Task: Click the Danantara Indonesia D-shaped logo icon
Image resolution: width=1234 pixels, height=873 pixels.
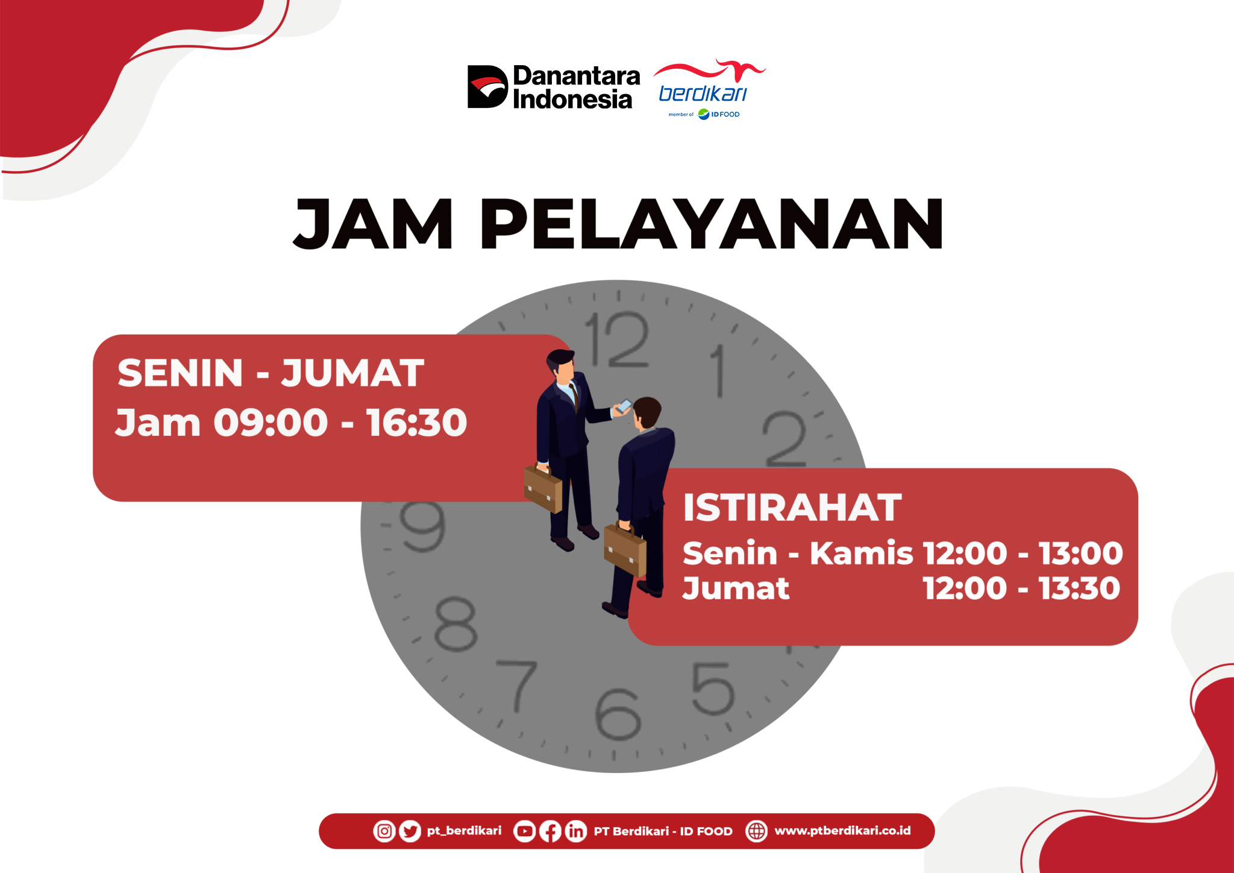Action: pos(487,86)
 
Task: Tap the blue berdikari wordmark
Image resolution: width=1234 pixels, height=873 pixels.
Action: pos(703,93)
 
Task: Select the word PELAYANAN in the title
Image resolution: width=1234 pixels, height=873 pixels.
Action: pos(712,224)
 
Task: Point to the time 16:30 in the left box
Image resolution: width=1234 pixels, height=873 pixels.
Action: pos(416,422)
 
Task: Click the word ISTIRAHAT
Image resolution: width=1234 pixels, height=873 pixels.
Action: pos(792,507)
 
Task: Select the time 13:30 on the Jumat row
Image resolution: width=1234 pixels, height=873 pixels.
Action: pos(1080,588)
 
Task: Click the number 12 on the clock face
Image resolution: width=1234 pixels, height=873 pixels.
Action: pos(617,339)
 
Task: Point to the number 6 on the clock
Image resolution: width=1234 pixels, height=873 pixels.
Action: pos(618,714)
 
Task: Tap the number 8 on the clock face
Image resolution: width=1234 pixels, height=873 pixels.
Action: pos(456,625)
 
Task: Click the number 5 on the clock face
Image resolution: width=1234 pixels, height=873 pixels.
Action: pos(713,689)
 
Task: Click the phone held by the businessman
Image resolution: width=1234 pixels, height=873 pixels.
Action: pos(624,406)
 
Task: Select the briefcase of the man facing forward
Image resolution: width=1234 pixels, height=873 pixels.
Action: pos(543,488)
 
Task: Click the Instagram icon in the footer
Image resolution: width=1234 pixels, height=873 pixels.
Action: pos(384,831)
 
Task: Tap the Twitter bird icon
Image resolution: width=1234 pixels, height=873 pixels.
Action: pos(410,831)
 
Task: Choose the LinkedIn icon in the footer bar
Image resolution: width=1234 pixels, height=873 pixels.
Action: pos(576,831)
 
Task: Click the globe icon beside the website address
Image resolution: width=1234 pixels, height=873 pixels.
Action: pos(757,831)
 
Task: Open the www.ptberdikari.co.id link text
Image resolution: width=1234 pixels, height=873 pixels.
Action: pos(842,831)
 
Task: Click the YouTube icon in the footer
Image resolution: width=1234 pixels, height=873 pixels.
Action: pos(524,831)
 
